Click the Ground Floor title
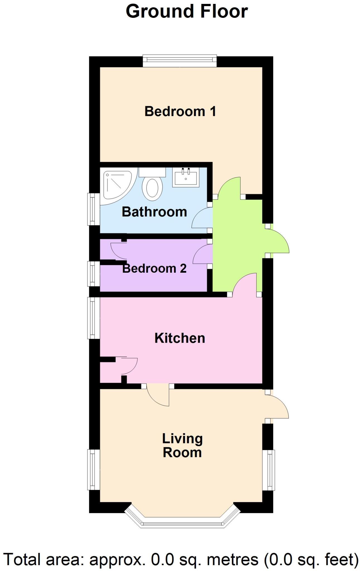pos(187,12)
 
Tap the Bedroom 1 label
pos(180,112)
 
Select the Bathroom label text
pos(154,212)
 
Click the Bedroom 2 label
pos(154,268)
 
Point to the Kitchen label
pos(180,338)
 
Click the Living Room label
pos(182,445)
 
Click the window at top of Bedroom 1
pos(180,61)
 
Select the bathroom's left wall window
pos(94,209)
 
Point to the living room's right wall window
pos(269,470)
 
